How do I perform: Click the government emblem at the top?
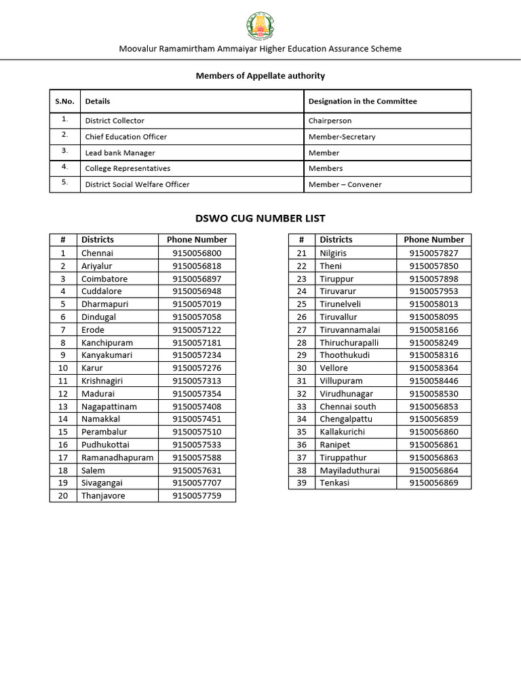coord(260,26)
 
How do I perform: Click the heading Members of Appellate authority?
coord(260,76)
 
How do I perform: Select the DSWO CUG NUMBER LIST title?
coord(260,218)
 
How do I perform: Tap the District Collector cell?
coord(115,121)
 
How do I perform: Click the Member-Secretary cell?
coord(341,137)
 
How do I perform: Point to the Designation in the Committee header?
coord(362,101)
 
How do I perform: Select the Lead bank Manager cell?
coord(120,153)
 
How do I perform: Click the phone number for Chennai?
coord(197,253)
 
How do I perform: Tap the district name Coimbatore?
coord(104,279)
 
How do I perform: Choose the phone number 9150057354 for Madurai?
coord(197,394)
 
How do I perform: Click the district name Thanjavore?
coord(103,495)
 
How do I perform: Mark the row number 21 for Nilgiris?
coord(302,253)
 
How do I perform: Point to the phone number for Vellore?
coord(433,368)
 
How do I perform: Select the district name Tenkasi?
coord(335,483)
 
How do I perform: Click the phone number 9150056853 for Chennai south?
coord(433,407)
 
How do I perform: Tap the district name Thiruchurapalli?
coord(349,343)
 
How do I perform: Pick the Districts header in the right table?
coord(336,240)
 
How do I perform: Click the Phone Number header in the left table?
coord(197,240)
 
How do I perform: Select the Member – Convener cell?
coord(345,184)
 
